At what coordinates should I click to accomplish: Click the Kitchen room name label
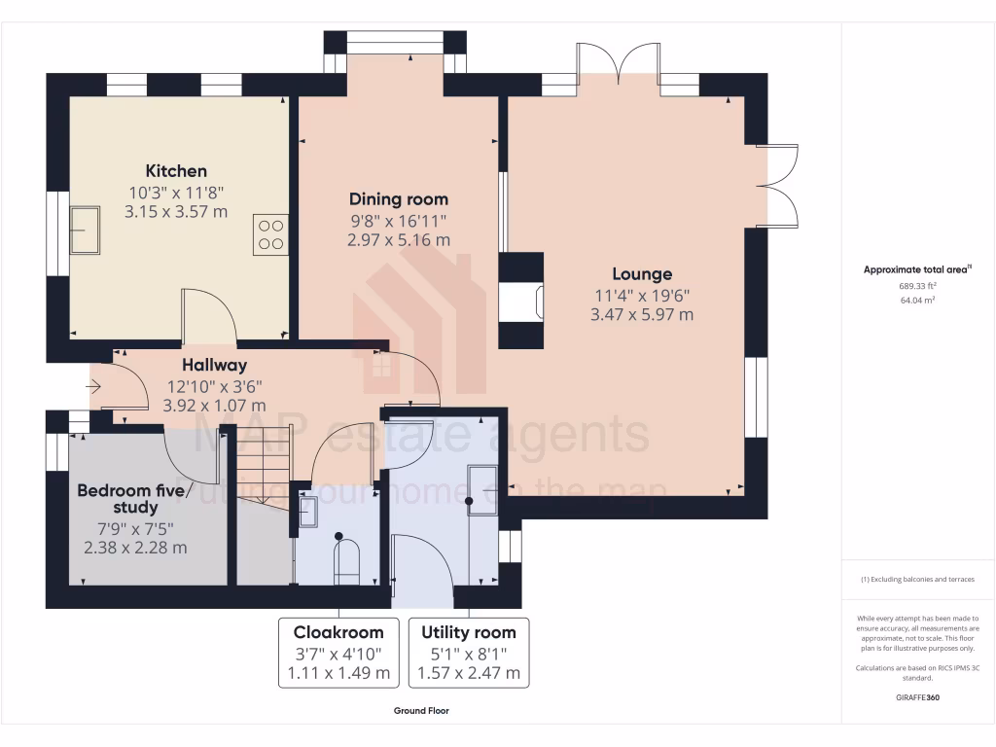(176, 171)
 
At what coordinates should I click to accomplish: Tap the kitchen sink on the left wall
(85, 230)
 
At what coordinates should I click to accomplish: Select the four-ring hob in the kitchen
(271, 233)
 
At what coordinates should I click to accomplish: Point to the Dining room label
(399, 199)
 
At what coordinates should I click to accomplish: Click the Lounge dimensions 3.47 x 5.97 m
(641, 314)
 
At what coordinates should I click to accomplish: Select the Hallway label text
(214, 366)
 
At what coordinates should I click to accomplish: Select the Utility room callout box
(469, 652)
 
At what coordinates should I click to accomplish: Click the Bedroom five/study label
(129, 498)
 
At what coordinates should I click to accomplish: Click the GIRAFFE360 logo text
(917, 697)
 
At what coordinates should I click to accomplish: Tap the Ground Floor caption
(421, 711)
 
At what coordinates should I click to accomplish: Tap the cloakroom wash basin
(307, 511)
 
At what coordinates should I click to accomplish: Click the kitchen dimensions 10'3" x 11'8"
(176, 192)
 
